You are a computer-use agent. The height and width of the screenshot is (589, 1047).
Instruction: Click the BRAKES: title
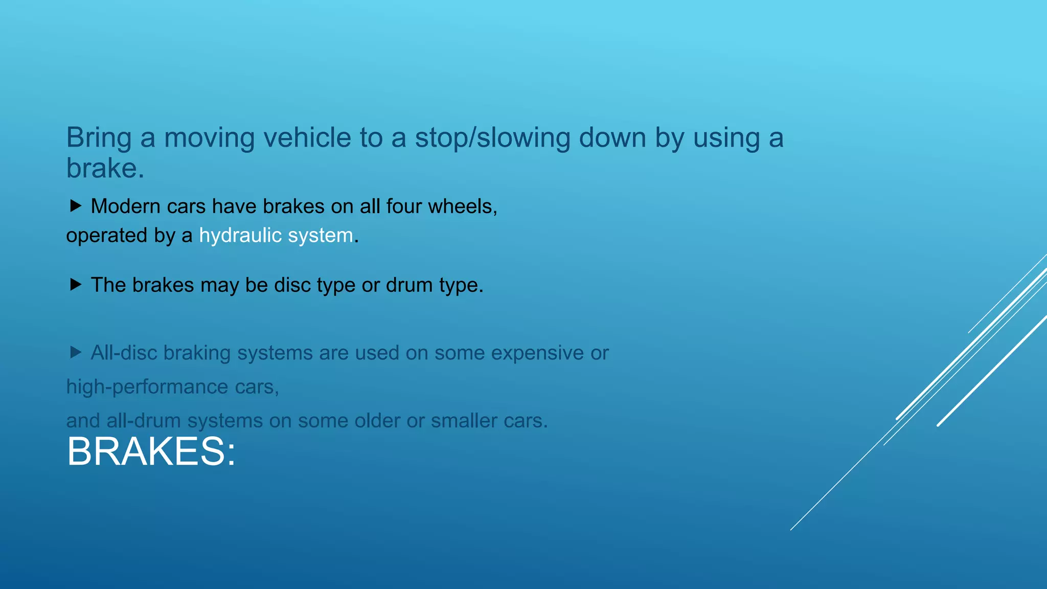[x=151, y=451]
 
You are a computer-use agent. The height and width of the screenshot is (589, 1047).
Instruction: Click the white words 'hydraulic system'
[x=276, y=235]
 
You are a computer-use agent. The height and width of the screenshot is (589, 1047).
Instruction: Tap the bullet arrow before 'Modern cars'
[x=76, y=206]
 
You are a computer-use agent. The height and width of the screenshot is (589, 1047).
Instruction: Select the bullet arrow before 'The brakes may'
[x=76, y=284]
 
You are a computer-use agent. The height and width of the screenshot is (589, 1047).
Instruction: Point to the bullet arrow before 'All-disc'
[x=76, y=352]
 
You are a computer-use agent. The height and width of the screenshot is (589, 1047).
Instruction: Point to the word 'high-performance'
[x=147, y=387]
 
